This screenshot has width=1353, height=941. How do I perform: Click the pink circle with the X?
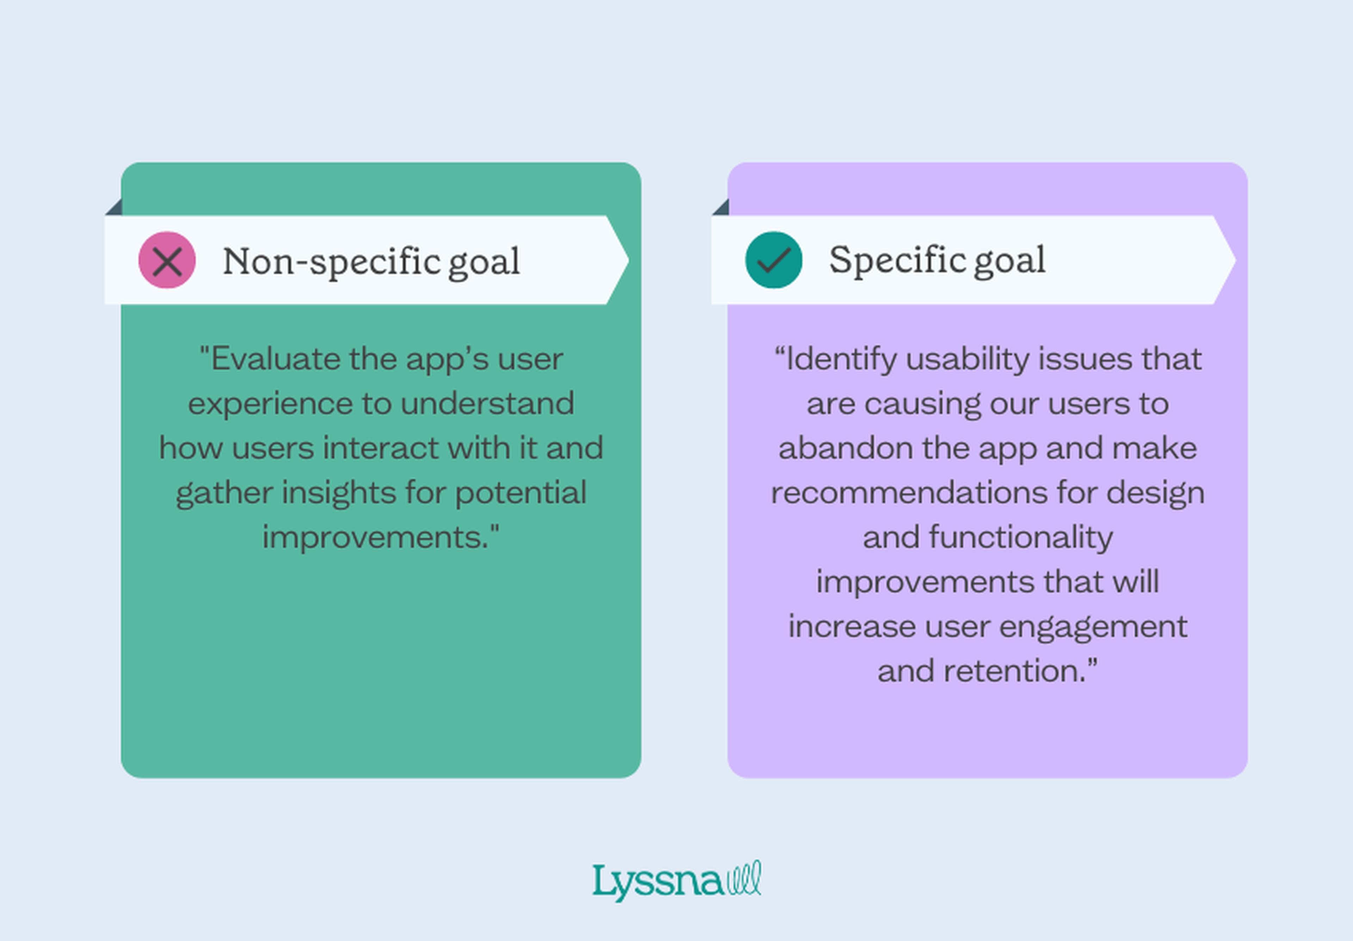(167, 260)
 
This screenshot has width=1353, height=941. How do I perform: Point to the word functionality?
(1021, 537)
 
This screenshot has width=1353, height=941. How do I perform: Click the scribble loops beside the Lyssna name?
(744, 879)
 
